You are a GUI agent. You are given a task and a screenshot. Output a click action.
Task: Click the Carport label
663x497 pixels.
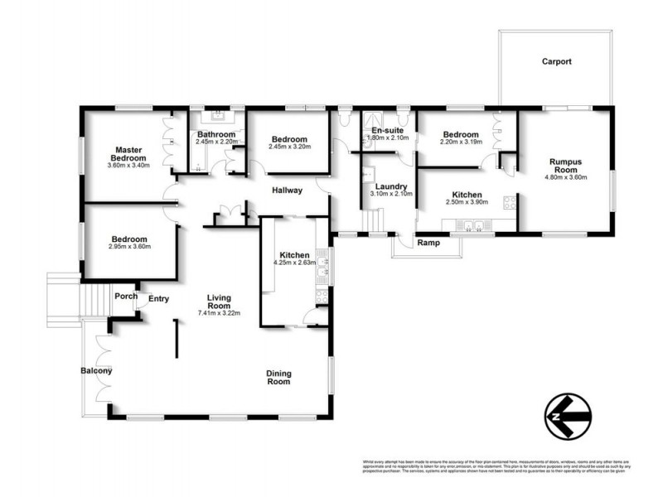pyautogui.click(x=557, y=61)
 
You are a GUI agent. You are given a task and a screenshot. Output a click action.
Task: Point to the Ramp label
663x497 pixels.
pyautogui.click(x=428, y=243)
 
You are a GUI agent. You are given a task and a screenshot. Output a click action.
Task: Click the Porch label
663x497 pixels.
pyautogui.click(x=126, y=296)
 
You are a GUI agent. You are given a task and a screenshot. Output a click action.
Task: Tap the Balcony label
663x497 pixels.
pyautogui.click(x=96, y=370)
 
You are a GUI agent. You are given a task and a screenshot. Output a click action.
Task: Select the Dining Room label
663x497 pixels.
pyautogui.click(x=278, y=378)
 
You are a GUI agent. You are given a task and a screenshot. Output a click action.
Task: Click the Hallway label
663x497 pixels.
pyautogui.click(x=288, y=191)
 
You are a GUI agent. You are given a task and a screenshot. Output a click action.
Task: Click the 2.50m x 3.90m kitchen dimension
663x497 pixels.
pyautogui.click(x=467, y=201)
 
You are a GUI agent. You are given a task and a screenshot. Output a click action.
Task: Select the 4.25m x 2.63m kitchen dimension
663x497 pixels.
pyautogui.click(x=294, y=263)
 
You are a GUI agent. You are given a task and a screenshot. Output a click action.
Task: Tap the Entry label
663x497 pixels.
pyautogui.click(x=158, y=298)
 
